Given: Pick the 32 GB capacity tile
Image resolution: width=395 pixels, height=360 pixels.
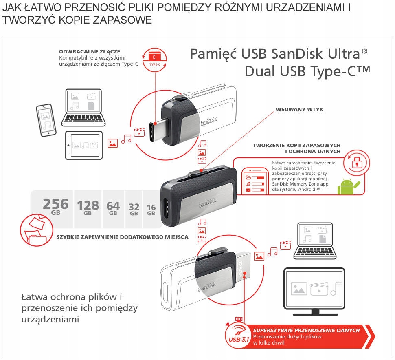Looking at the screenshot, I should click(x=134, y=208).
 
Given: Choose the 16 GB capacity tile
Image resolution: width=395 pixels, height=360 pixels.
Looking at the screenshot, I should click(x=151, y=208).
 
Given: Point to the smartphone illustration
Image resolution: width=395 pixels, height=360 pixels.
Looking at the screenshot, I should click(x=45, y=120).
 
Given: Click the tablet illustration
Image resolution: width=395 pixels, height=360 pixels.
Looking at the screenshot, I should click(x=84, y=145).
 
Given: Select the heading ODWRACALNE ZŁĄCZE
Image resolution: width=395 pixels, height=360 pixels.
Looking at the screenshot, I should click(x=90, y=51).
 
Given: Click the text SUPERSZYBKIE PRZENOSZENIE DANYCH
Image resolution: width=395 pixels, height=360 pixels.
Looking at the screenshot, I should click(x=306, y=330).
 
